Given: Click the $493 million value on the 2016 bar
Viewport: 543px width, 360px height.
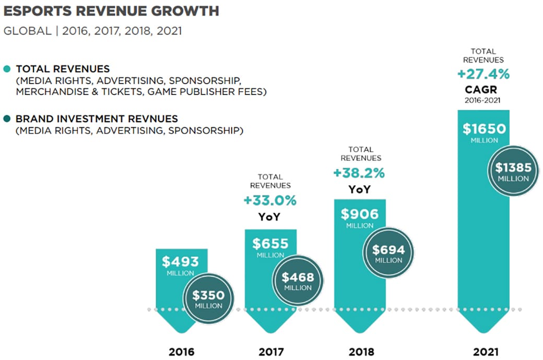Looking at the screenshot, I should pyautogui.click(x=181, y=262).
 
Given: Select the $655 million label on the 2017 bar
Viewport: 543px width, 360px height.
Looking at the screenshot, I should pyautogui.click(x=270, y=244).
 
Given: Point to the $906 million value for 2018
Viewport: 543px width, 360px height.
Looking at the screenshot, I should pyautogui.click(x=360, y=214).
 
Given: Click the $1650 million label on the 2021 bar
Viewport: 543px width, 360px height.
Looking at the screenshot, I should pyautogui.click(x=484, y=129).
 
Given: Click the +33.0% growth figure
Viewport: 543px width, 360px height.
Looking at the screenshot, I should pyautogui.click(x=270, y=200).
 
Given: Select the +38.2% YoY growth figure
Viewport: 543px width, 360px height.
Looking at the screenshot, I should pyautogui.click(x=360, y=172).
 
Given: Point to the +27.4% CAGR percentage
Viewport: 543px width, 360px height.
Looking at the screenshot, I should pyautogui.click(x=483, y=74).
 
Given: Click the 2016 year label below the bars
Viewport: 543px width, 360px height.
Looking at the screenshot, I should pyautogui.click(x=181, y=352).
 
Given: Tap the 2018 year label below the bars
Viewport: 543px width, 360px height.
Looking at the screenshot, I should pyautogui.click(x=361, y=352).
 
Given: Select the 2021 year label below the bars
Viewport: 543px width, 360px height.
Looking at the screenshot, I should pyautogui.click(x=486, y=352).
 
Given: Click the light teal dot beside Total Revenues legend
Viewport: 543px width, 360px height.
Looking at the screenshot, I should pyautogui.click(x=6, y=69).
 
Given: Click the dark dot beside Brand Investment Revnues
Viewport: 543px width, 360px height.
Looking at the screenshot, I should pyautogui.click(x=6, y=118).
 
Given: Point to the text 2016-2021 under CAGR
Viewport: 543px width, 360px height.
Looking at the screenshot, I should pyautogui.click(x=483, y=100).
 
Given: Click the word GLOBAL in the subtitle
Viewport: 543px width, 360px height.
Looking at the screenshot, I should pyautogui.click(x=27, y=31).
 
